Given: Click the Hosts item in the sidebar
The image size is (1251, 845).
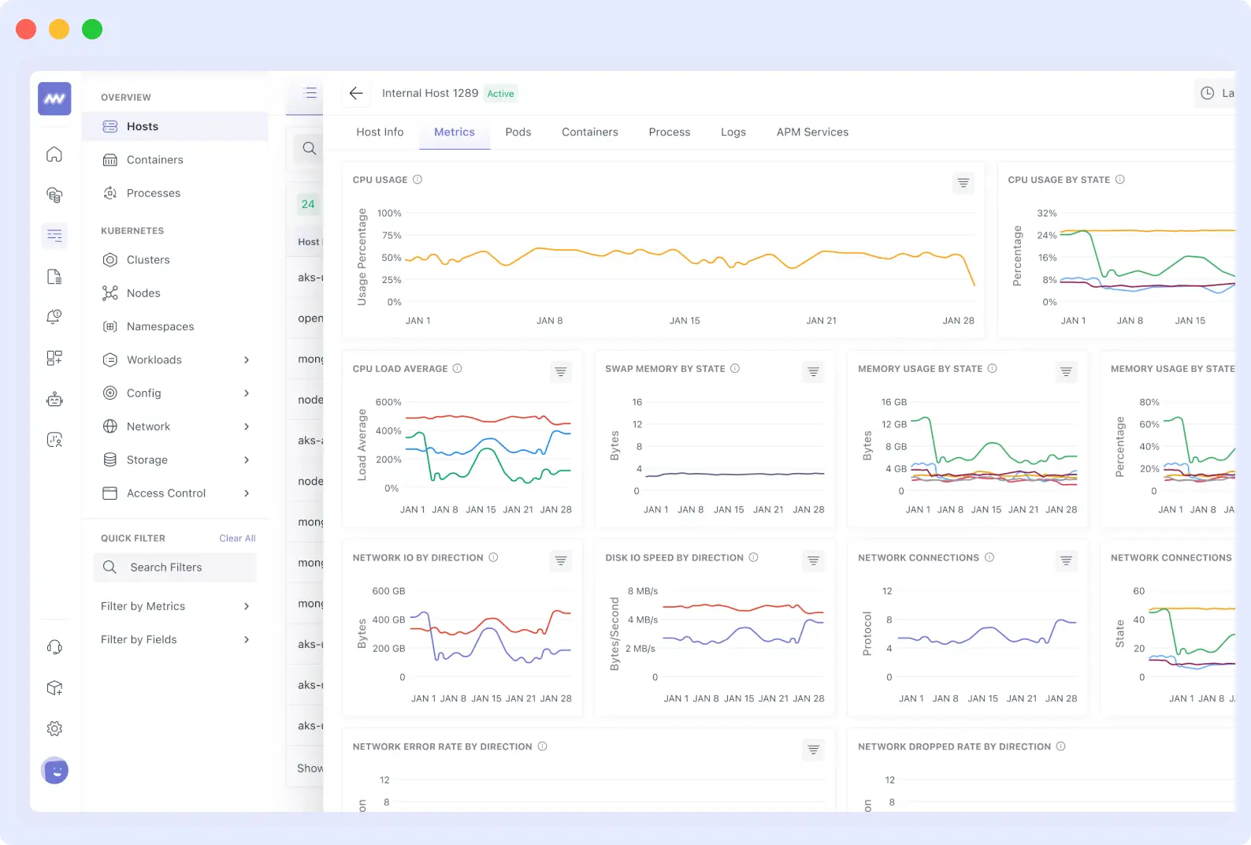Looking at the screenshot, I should pos(143,127).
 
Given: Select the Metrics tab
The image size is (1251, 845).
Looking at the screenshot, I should pos(455,132).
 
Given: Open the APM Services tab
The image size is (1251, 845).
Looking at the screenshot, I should pos(812,132).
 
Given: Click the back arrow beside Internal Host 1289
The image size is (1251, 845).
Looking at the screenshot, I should pos(356,93).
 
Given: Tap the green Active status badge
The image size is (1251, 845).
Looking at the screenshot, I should pos(500,94).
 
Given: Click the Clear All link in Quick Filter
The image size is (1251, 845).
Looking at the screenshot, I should pos(237,538).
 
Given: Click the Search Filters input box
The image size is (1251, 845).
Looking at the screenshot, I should pos(175,568).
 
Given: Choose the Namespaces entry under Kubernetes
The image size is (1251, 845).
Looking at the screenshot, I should pos(160,326).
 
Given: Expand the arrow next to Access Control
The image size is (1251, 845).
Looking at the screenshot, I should pos(247,493).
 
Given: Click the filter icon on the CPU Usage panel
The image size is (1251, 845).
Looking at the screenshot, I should pos(963,183).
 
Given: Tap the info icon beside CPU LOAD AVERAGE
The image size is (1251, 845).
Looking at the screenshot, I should pos(458,368).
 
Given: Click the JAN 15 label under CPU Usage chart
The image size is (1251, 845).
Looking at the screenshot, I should pos(685,321).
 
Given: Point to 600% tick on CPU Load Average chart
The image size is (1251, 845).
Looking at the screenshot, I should pos(388,402).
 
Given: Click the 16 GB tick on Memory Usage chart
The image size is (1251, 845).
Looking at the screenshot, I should pos(894,402).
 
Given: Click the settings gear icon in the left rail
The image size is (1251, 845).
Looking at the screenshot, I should pos(54,728).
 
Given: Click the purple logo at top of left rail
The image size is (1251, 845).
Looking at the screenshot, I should pos(54,99).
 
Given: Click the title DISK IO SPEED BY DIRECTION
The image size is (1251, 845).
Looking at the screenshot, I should pos(674,557).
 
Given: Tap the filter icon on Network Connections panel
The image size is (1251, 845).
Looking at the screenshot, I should pos(1066,560).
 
